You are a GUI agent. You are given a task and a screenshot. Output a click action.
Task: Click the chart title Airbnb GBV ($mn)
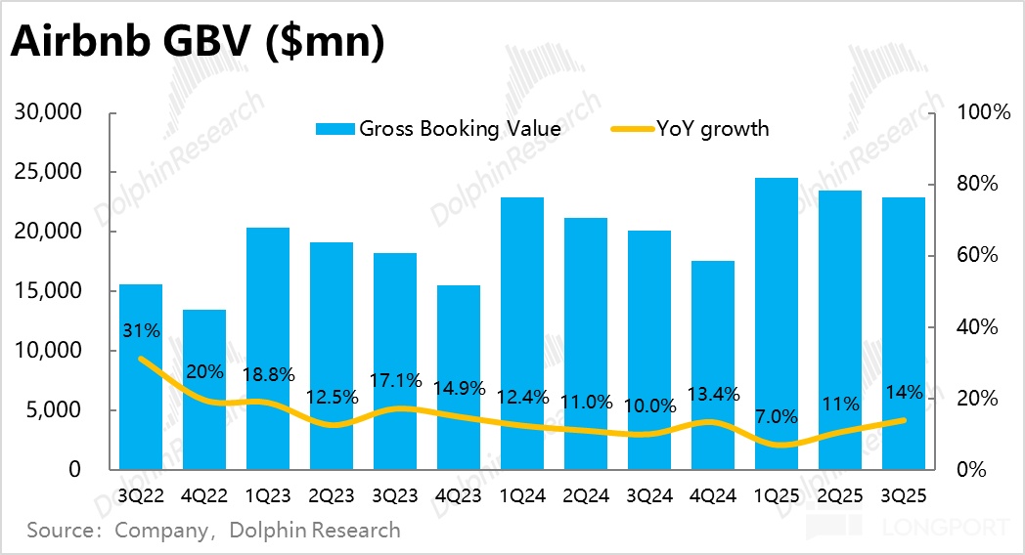point(197,44)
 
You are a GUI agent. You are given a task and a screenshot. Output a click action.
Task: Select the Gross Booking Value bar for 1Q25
point(777,322)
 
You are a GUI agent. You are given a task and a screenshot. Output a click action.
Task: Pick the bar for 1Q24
point(522,332)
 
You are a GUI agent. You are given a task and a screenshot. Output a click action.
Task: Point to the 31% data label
point(141,330)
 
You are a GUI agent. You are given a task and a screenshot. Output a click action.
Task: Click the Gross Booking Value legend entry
point(459,129)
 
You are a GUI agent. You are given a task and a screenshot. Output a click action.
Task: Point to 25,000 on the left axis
point(49,173)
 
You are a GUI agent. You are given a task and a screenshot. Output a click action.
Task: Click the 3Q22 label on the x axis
point(141,495)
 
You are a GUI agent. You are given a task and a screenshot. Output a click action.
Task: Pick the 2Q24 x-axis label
point(586,495)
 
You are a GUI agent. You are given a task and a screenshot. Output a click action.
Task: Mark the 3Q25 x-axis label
point(904,495)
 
